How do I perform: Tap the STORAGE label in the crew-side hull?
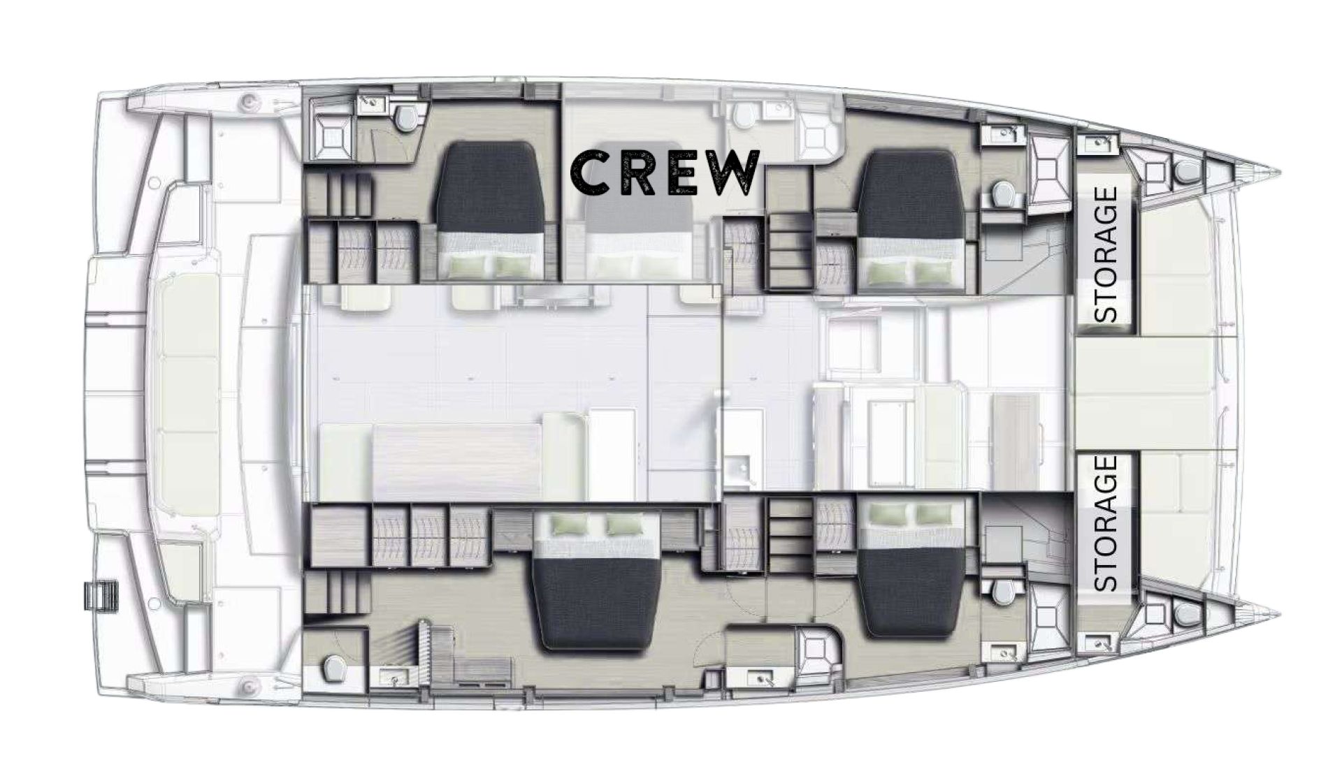tap(1106, 254)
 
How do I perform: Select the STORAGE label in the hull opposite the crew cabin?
tap(1106, 523)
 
